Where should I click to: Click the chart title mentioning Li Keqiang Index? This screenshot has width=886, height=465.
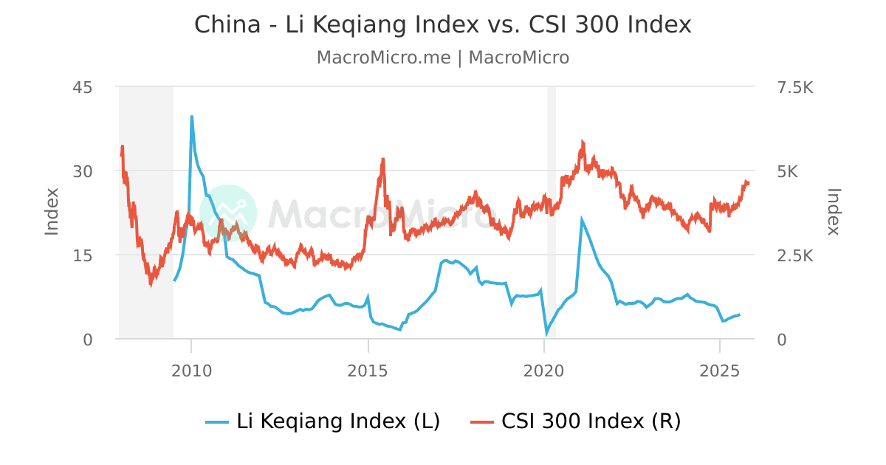[x=442, y=24]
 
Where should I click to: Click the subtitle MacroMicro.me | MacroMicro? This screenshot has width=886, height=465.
[x=442, y=58]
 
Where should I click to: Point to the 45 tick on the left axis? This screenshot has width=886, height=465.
[x=82, y=87]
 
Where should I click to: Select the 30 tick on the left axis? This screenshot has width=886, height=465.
[x=82, y=171]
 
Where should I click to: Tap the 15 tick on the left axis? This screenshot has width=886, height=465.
[x=82, y=255]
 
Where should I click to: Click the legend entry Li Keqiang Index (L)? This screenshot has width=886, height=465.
[x=323, y=421]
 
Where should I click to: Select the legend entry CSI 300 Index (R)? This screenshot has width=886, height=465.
[x=575, y=421]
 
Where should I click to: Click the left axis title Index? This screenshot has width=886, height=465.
[x=52, y=212]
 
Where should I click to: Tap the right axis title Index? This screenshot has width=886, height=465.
[x=834, y=212]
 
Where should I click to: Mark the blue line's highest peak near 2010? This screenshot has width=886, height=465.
[x=192, y=116]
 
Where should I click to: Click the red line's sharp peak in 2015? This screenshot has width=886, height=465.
[x=383, y=159]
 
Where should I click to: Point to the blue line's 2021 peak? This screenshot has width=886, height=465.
[x=582, y=219]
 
